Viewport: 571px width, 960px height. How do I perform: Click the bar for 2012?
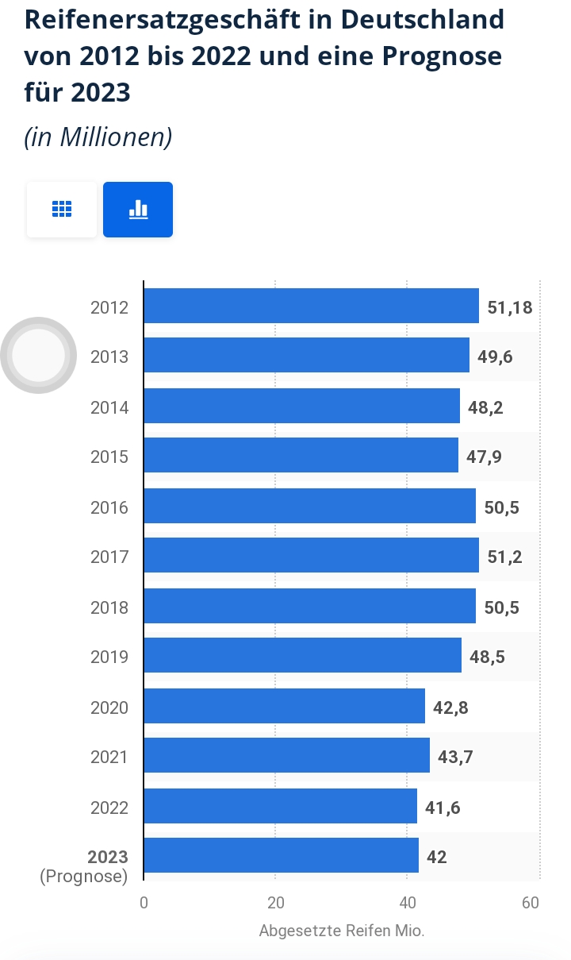tap(311, 307)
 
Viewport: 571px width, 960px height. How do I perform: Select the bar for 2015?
tap(301, 456)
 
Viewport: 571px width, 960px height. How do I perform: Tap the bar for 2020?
tap(284, 707)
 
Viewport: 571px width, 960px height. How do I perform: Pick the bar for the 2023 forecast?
tap(281, 856)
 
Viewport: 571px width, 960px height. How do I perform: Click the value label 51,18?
tap(509, 307)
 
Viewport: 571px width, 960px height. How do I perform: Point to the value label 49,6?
tap(495, 357)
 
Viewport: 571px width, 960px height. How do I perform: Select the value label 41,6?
tap(443, 808)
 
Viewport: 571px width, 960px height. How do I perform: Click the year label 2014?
tap(109, 407)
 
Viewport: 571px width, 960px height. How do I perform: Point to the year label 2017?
tap(109, 557)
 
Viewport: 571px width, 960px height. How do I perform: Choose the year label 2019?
tap(109, 657)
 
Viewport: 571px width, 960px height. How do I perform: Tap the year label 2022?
tap(109, 808)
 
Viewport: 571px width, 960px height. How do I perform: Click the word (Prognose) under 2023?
tap(83, 877)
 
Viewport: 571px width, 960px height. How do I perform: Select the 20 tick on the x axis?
tap(275, 904)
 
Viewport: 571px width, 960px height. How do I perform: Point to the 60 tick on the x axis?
tap(531, 904)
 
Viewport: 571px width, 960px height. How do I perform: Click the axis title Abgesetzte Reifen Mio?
tap(342, 931)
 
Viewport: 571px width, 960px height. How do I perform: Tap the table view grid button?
tap(62, 210)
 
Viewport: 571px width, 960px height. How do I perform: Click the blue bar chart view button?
tap(138, 210)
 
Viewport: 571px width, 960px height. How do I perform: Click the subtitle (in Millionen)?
tap(98, 137)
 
